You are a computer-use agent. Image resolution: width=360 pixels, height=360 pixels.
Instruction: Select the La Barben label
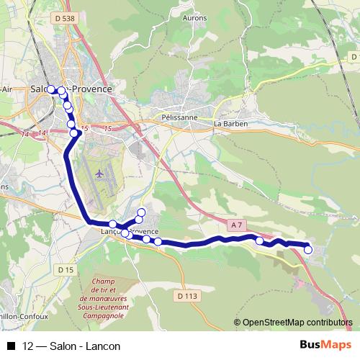coord(230,123)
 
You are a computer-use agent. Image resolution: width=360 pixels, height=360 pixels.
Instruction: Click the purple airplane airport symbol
coord(99,174)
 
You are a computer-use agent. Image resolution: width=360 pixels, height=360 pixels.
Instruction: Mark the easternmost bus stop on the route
coord(308,250)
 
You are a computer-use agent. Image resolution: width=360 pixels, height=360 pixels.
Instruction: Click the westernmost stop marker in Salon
coord(51,89)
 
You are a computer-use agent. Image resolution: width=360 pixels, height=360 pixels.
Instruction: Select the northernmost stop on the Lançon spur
coord(141,212)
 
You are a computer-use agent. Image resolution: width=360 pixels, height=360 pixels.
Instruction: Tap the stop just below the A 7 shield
coord(259,241)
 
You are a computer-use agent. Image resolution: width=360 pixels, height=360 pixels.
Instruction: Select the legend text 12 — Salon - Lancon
coord(71,346)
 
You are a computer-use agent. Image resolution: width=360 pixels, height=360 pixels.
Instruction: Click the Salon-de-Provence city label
coord(72,89)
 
